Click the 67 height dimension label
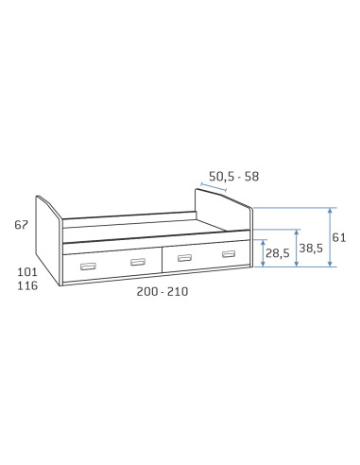(21, 225)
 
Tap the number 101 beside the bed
(27, 272)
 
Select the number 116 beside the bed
(27, 285)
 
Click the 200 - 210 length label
(163, 292)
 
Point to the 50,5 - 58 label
(233, 177)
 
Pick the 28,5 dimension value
(277, 253)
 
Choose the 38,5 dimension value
(311, 249)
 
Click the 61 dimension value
(339, 237)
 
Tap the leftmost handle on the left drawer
(88, 267)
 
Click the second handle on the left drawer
(138, 262)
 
